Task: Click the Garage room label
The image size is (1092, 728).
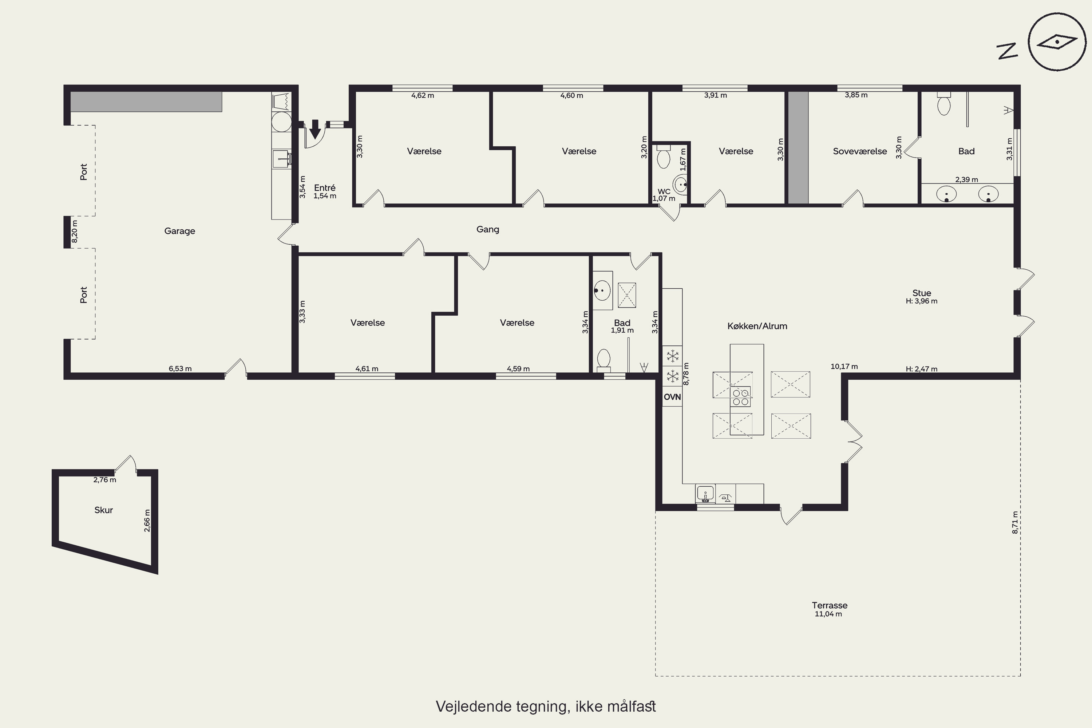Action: click(x=180, y=231)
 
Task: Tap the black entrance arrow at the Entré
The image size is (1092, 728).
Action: click(x=315, y=129)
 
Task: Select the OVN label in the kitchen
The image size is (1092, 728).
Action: click(x=672, y=397)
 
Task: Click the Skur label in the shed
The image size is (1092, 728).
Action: click(x=103, y=510)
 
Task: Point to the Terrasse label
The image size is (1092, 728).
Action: click(x=830, y=605)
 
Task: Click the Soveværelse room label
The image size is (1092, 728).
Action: click(x=860, y=151)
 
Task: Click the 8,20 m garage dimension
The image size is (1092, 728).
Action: click(x=74, y=231)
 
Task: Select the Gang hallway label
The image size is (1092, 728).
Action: click(x=487, y=229)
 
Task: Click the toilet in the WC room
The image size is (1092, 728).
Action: click(x=664, y=157)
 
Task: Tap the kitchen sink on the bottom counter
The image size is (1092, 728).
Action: click(x=705, y=494)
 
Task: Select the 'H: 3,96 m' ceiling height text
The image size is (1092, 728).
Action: click(x=922, y=301)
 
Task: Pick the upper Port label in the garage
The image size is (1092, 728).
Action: click(x=84, y=172)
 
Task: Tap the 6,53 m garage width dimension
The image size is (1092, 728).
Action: click(x=180, y=369)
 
